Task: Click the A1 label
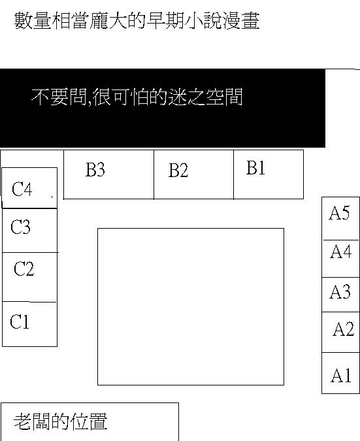click(x=341, y=375)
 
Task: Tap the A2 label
click(x=343, y=329)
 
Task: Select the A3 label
click(x=340, y=291)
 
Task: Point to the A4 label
click(x=341, y=251)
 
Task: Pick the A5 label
click(x=340, y=212)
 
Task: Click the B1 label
click(x=255, y=168)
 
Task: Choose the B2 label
click(x=178, y=170)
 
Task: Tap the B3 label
click(x=95, y=169)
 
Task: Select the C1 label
click(x=20, y=321)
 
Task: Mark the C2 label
click(x=24, y=269)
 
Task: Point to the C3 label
click(x=20, y=227)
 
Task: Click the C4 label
click(x=22, y=189)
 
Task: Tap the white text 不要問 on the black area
click(x=59, y=97)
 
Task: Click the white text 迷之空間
click(x=205, y=97)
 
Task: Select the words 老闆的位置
click(x=61, y=421)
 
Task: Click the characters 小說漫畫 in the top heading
click(x=222, y=20)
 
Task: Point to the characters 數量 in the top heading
click(x=33, y=20)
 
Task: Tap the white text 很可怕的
click(x=130, y=97)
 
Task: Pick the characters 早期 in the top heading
click(x=165, y=20)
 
